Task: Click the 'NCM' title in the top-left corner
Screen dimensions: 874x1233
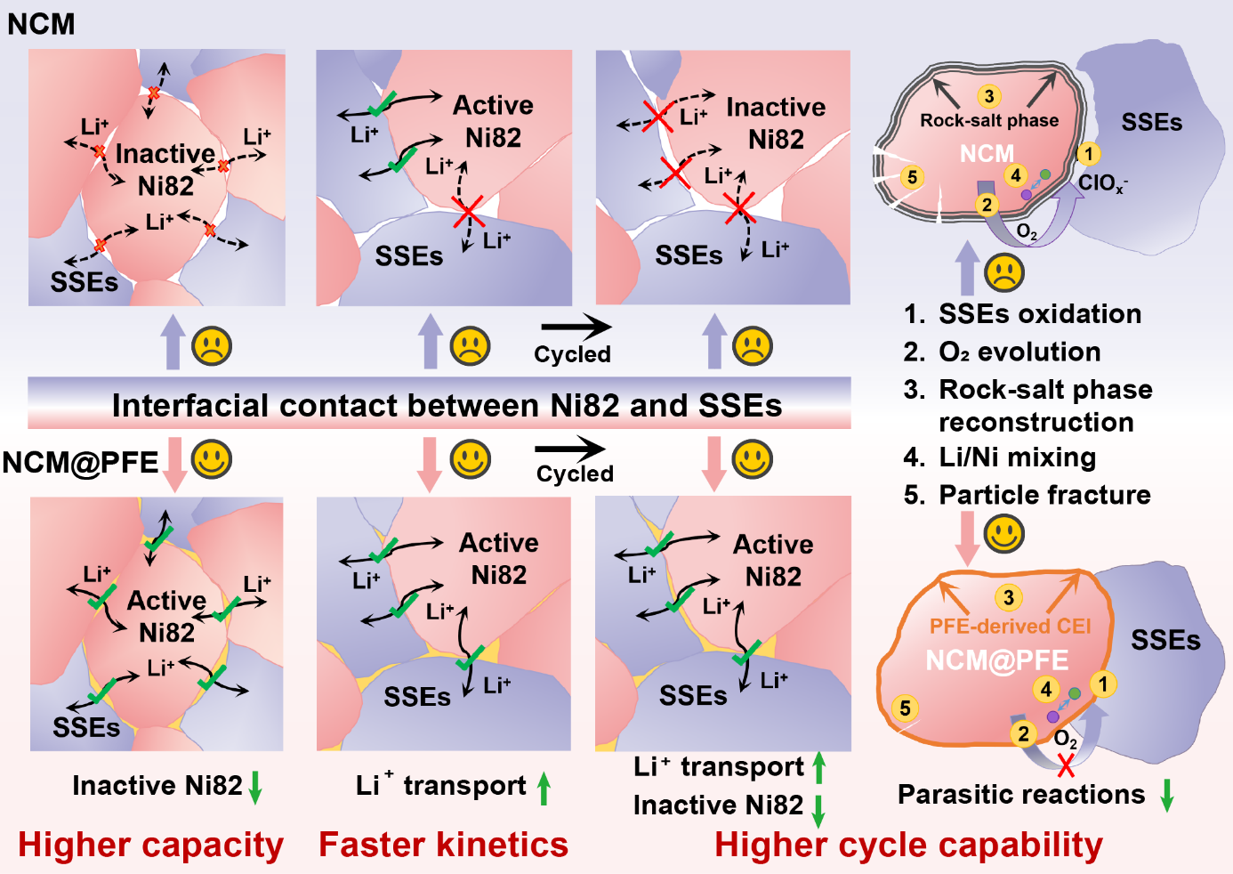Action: coord(41,24)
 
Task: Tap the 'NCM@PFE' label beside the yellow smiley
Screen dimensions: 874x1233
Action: coord(80,463)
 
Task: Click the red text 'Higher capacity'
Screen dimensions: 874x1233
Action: coord(150,845)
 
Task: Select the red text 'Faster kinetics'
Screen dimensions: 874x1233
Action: coord(443,845)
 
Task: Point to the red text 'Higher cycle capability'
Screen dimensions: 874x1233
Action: coord(908,845)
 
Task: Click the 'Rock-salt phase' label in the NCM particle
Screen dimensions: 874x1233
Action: coord(989,120)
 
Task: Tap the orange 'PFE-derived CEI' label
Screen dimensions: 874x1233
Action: coord(1010,627)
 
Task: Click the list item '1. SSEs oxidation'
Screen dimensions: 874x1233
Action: coord(1022,314)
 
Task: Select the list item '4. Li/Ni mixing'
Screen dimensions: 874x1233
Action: coord(1000,457)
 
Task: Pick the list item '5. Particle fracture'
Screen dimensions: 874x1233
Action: coord(1027,495)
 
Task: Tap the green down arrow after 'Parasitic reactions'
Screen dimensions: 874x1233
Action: coord(1168,794)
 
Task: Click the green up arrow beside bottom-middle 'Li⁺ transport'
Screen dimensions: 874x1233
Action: coord(544,787)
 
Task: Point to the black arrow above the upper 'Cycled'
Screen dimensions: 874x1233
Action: coord(576,328)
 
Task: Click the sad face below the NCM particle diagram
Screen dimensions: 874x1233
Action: coord(1004,273)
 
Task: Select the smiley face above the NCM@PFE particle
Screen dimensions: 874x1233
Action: coord(1004,534)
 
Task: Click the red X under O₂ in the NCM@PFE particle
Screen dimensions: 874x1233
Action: coord(1065,765)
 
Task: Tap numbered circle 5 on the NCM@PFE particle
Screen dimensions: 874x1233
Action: coord(905,708)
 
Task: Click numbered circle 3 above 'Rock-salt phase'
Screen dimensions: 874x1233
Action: coord(989,96)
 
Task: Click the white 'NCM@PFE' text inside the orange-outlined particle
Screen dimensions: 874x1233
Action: coord(996,660)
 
